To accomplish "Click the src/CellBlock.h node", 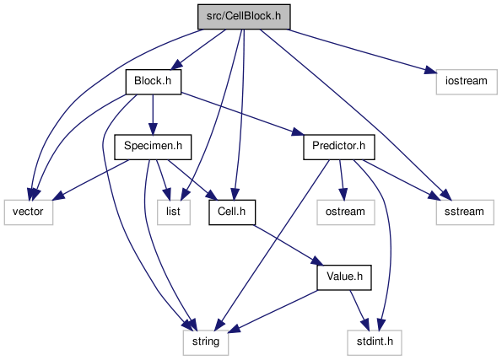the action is coord(244,17).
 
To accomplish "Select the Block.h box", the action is coord(154,82).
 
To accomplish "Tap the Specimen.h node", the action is coord(153,147).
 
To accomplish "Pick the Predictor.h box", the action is coord(339,147).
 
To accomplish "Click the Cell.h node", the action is coord(232,212).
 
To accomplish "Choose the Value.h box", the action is coord(344,277).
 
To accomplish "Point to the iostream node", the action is coord(467,82).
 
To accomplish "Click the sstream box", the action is coord(465,212).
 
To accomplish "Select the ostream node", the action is coord(346,212).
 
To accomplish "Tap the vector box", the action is coord(29,212).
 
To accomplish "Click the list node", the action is coord(174,212).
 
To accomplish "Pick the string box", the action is coord(206,343).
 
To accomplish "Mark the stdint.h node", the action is coord(375,343).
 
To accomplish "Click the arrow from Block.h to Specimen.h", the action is coord(153,115).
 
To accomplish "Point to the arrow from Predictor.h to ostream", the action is coord(342,180).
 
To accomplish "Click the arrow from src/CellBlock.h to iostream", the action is coord(363,51).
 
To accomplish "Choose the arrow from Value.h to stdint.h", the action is coord(359,310).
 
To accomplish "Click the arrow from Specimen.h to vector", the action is coord(91,180).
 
